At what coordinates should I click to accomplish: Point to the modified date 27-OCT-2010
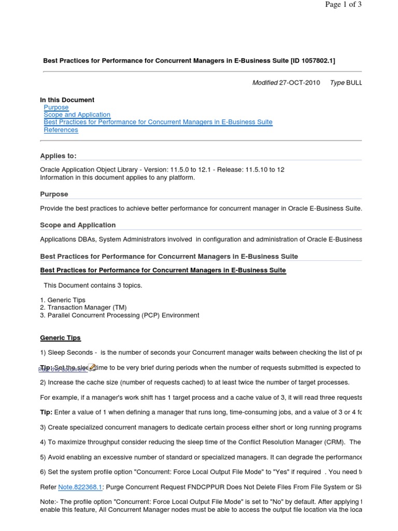[300, 83]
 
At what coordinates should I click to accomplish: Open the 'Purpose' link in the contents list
[56, 107]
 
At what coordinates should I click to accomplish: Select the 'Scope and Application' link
[77, 115]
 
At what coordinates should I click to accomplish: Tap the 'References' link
[61, 130]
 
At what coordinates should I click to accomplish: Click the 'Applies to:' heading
[58, 156]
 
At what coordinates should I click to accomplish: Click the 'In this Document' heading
[67, 100]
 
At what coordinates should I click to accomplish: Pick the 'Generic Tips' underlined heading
[61, 338]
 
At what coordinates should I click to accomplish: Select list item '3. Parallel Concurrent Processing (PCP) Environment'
[119, 315]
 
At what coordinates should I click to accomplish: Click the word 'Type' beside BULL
[337, 83]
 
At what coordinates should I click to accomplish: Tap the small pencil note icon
[92, 367]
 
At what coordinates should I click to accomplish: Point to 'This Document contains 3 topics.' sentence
[93, 285]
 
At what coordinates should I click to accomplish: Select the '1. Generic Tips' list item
[63, 300]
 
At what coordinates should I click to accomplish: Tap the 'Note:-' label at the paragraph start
[50, 502]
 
